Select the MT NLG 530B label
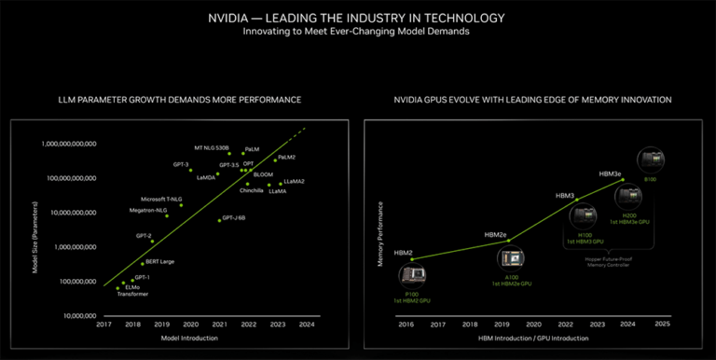click(211, 147)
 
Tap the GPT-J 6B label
click(233, 217)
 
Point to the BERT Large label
click(159, 261)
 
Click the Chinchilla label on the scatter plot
click(253, 190)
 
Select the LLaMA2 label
click(296, 181)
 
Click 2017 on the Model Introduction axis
click(104, 325)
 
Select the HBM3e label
click(611, 173)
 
